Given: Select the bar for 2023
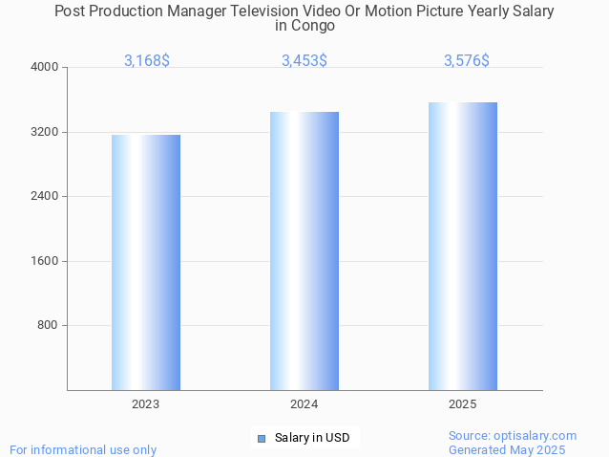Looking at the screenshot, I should click(146, 262).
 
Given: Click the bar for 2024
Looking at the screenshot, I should click(304, 250).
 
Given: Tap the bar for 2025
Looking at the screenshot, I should click(463, 246).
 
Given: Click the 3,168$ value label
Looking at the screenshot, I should click(147, 60).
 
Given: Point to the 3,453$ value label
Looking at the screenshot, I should click(304, 60).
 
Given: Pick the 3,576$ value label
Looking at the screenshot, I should click(467, 60).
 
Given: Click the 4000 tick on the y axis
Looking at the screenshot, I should click(45, 68).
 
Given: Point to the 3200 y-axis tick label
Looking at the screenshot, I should click(45, 132).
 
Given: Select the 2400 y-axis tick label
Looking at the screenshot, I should click(45, 197).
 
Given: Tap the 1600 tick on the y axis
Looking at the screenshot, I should click(45, 261).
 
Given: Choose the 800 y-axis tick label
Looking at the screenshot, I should click(48, 326).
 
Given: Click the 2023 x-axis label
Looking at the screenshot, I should click(146, 404).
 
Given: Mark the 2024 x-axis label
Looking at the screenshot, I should click(304, 404).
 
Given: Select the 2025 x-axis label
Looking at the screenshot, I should click(463, 404).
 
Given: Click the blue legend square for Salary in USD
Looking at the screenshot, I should click(261, 439).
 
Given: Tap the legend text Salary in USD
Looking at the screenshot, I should click(312, 439).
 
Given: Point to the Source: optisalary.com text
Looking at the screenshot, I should click(513, 435).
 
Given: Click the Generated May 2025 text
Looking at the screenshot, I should click(507, 449).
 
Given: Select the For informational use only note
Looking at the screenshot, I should click(83, 449).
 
